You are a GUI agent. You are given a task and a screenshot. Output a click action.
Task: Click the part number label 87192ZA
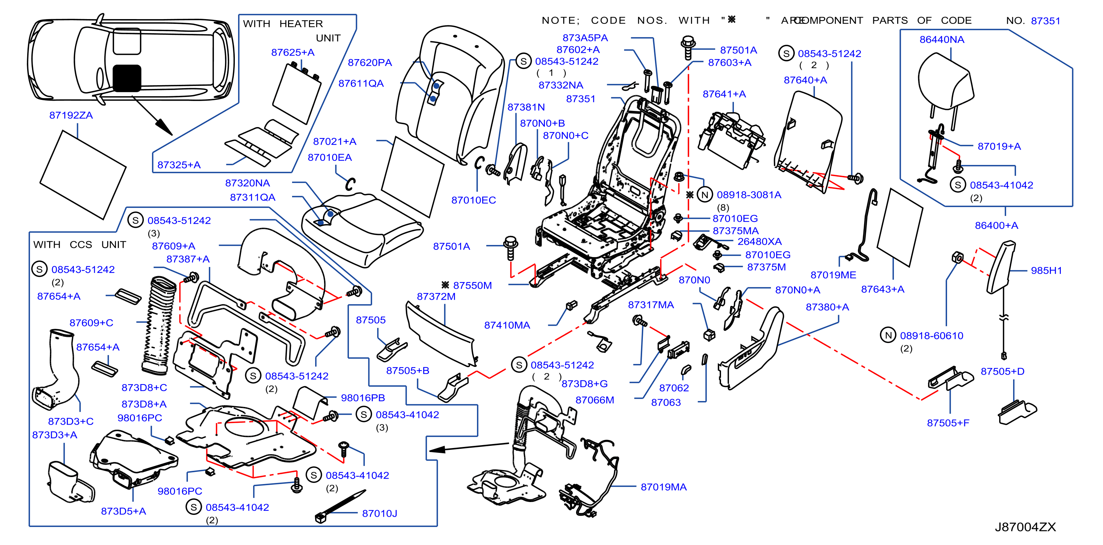[x=71, y=115]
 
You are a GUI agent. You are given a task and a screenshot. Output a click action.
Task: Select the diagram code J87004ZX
[x=1025, y=527]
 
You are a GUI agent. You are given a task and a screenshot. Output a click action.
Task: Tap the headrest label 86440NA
[x=942, y=39]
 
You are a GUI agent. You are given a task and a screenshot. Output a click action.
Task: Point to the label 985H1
[x=1046, y=270]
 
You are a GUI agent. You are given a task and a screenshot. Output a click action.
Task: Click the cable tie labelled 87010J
[x=340, y=506]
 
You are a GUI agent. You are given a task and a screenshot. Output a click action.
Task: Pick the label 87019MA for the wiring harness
[x=664, y=487]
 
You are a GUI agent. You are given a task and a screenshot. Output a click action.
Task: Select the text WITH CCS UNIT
[x=80, y=245]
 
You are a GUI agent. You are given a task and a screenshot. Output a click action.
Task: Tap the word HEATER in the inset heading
[x=301, y=24]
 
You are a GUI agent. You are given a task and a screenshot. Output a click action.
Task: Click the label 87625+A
[x=293, y=52]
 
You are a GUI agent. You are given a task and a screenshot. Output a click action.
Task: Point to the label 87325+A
[x=179, y=165]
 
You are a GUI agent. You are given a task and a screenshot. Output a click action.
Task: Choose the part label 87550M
[x=472, y=285]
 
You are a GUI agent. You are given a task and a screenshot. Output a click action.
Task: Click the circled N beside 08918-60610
[x=888, y=335]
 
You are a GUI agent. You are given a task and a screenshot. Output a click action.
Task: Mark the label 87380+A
[x=827, y=307]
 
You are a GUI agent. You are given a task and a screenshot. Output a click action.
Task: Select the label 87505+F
[x=948, y=423]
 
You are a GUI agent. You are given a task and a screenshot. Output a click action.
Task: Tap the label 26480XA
[x=760, y=241]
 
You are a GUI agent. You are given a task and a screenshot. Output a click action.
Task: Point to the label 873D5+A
[x=123, y=511]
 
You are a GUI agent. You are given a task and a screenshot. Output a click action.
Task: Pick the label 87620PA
[x=370, y=62]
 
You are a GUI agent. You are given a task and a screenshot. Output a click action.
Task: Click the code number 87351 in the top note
[x=1046, y=21]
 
